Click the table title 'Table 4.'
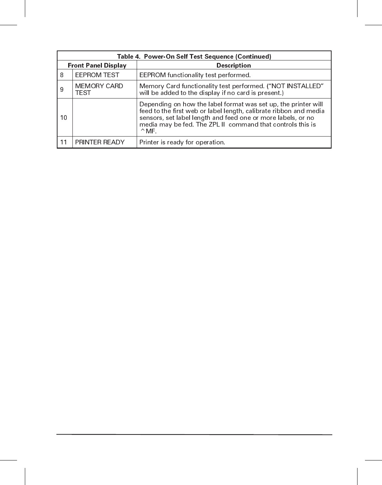(x=129, y=57)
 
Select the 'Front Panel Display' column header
(x=97, y=65)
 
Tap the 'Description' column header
(x=234, y=65)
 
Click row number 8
(x=62, y=75)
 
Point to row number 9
(x=62, y=90)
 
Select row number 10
(x=64, y=118)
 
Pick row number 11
(x=64, y=142)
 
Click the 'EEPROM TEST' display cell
(x=97, y=75)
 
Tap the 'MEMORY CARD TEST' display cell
(x=99, y=89)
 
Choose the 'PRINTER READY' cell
(x=100, y=142)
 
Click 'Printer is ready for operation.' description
(x=182, y=142)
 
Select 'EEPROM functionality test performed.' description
(x=195, y=75)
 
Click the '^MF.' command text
(x=148, y=131)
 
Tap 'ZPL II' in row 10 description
(x=217, y=124)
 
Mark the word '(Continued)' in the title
(x=253, y=57)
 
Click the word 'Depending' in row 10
(x=155, y=104)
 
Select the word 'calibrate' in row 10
(x=258, y=111)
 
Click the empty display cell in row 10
(x=104, y=118)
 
